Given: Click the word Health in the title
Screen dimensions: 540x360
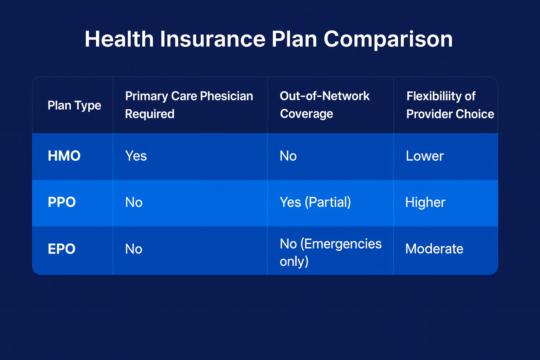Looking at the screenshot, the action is click(x=119, y=39).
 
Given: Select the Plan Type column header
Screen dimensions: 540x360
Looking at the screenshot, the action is click(x=74, y=105).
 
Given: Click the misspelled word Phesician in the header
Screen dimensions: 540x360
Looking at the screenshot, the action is click(x=226, y=96).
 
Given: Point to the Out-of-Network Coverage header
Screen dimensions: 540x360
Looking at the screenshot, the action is click(x=324, y=105).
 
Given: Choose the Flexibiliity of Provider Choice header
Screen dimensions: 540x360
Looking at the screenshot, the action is click(x=450, y=105).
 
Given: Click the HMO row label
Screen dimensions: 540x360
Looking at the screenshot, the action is click(x=64, y=156).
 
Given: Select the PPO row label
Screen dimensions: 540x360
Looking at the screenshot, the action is click(x=62, y=202).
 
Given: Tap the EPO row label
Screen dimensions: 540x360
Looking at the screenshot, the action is click(x=62, y=249).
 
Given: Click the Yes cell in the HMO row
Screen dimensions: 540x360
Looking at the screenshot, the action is click(x=136, y=156).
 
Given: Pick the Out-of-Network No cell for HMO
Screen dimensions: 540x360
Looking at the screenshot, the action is click(x=288, y=156).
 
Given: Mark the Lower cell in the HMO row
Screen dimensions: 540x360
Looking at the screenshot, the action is click(x=425, y=156).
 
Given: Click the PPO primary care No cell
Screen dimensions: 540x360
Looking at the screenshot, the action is click(x=134, y=202).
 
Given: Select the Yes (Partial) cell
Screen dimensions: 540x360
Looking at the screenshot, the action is click(x=315, y=202).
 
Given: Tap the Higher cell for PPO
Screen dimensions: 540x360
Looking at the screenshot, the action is click(x=425, y=202).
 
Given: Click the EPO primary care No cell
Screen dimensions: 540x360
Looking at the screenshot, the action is click(x=134, y=249).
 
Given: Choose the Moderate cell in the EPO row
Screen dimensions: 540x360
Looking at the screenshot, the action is click(x=434, y=249).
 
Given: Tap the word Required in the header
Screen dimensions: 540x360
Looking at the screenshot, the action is click(x=150, y=114).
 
